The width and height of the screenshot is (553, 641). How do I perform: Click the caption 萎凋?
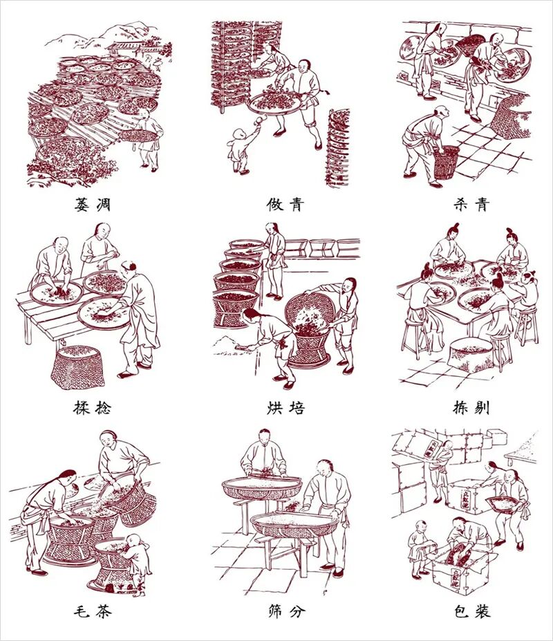(x=93, y=204)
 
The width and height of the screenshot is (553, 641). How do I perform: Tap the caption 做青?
(x=285, y=204)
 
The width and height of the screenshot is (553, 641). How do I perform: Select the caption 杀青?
(x=471, y=204)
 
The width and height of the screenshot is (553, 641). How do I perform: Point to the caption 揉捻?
(x=93, y=407)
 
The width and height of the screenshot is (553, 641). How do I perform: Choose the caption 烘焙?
(x=285, y=407)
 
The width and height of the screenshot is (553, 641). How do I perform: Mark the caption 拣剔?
(x=471, y=407)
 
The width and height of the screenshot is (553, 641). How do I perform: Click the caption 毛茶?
(x=93, y=611)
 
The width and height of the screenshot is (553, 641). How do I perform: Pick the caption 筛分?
(x=286, y=611)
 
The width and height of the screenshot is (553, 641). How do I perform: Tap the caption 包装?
(x=472, y=611)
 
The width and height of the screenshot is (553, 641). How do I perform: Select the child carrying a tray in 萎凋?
(x=147, y=139)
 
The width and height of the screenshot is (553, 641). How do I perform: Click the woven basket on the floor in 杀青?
(x=446, y=162)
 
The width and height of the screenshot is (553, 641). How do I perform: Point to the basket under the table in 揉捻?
(x=78, y=367)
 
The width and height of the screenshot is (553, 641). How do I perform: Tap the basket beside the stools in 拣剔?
(x=471, y=354)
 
